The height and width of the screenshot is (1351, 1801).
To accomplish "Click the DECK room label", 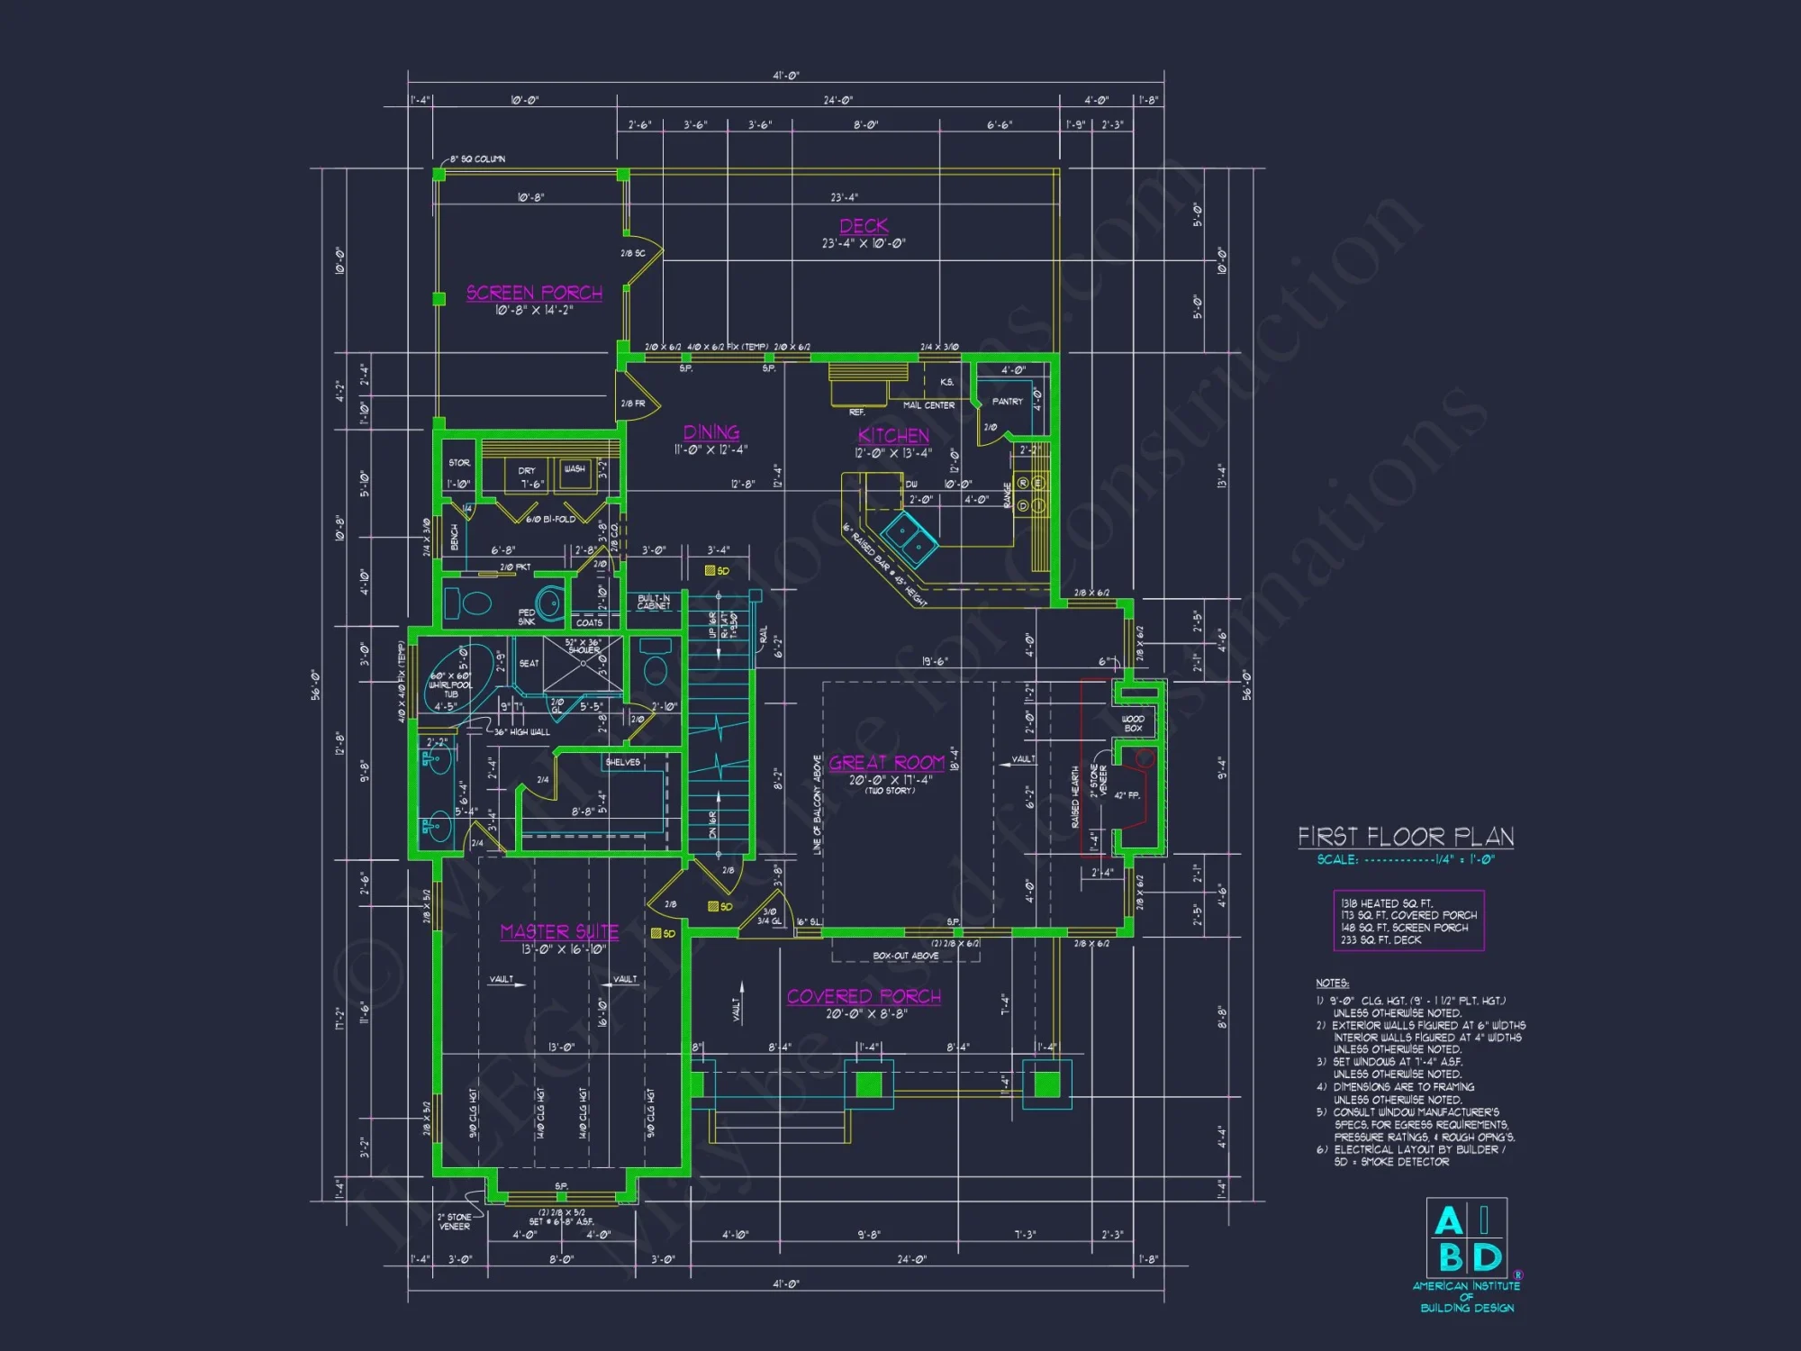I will click(x=864, y=226).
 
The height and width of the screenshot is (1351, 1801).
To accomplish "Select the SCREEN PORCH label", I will click(x=534, y=293).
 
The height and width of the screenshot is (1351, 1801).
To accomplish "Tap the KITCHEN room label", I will click(x=893, y=436).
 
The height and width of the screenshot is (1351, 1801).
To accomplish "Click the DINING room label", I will click(x=711, y=432).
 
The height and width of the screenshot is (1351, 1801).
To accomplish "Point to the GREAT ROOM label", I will click(x=887, y=763).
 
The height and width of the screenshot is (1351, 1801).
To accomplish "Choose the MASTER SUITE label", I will click(x=559, y=932).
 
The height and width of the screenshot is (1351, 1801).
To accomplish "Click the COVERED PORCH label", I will click(x=864, y=997).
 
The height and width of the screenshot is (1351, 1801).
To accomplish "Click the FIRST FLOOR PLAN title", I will click(x=1405, y=837).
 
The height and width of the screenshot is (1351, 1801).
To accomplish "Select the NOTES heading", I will click(x=1332, y=983).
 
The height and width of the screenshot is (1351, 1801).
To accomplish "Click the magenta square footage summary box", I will click(x=1408, y=920).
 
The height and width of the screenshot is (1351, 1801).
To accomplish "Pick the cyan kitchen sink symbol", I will click(x=909, y=537).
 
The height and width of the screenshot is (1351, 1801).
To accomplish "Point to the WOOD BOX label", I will click(x=1133, y=723).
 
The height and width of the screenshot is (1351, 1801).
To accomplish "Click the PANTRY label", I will click(x=1007, y=402).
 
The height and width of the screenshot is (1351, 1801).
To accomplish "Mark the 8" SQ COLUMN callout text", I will click(x=477, y=159).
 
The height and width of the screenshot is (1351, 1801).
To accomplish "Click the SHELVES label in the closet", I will click(x=622, y=762).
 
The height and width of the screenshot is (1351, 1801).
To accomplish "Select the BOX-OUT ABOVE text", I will click(x=905, y=956).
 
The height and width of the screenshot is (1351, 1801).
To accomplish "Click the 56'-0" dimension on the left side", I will click(x=316, y=685).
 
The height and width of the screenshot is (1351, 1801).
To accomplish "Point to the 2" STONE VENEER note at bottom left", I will click(x=455, y=1221).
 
